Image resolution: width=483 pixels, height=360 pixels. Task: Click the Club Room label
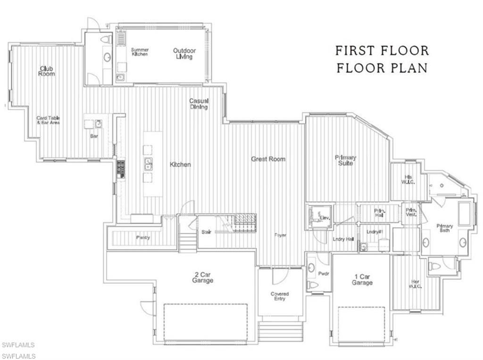click(x=46, y=71)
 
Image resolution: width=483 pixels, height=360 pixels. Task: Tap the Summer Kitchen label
click(x=140, y=52)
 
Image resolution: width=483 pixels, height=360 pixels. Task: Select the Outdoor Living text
click(x=184, y=54)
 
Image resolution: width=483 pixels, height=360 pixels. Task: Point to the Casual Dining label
click(x=199, y=104)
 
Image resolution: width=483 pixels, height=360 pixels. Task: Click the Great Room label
click(x=268, y=159)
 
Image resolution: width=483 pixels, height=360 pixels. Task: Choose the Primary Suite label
click(x=345, y=160)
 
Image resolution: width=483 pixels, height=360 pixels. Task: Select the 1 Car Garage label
click(x=362, y=280)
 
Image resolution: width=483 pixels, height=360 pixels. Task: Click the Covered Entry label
click(x=280, y=296)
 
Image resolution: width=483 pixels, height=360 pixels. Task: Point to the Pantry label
click(x=143, y=237)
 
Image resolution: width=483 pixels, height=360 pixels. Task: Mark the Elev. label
click(x=324, y=218)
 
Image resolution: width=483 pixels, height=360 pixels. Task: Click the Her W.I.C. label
click(x=415, y=285)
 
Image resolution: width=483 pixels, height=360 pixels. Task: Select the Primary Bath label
click(x=444, y=228)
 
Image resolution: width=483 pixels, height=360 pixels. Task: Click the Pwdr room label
click(x=323, y=273)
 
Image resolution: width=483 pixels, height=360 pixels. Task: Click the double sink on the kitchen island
click(x=148, y=164)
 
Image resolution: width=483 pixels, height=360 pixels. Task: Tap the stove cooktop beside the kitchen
click(x=121, y=169)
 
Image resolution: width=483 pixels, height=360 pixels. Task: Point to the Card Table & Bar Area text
click(x=49, y=120)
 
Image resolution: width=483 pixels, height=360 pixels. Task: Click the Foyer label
click(x=281, y=235)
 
